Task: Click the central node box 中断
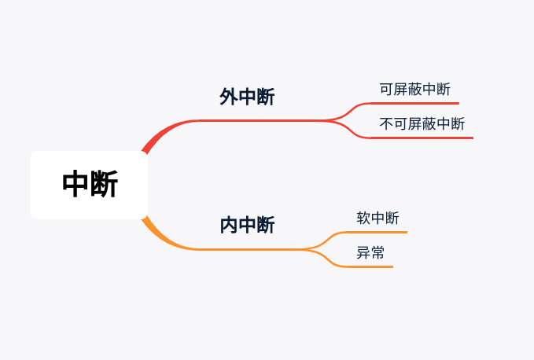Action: click(x=89, y=185)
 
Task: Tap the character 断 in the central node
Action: click(x=105, y=185)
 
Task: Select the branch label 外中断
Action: click(x=247, y=97)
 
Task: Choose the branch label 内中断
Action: click(x=247, y=226)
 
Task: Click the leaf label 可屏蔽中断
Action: click(x=414, y=90)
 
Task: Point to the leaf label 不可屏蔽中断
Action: click(x=422, y=124)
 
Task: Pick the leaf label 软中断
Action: click(x=377, y=219)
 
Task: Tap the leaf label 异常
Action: click(x=370, y=253)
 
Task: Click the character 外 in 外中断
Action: click(x=229, y=97)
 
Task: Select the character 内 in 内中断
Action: click(x=229, y=226)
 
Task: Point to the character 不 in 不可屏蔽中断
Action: click(x=386, y=124)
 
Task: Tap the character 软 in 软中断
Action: click(x=363, y=219)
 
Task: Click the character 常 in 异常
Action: click(x=377, y=253)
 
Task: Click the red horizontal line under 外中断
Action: click(x=260, y=120)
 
